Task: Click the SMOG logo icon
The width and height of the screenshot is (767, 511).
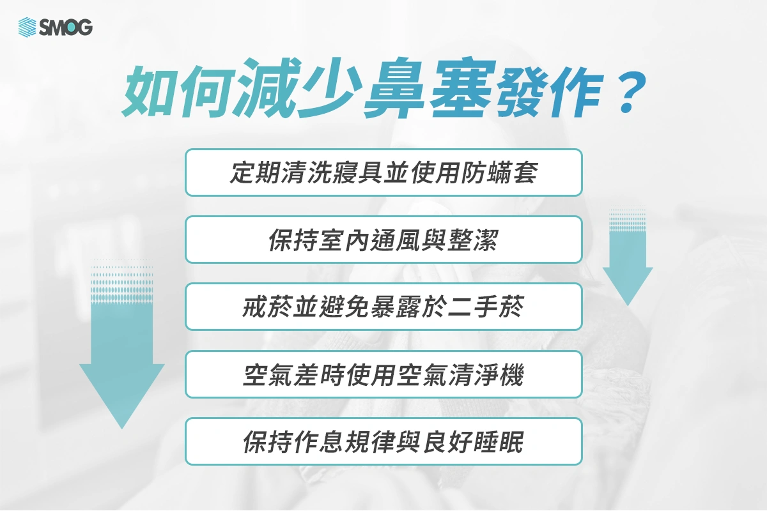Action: point(27,27)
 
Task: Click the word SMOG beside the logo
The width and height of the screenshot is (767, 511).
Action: point(65,27)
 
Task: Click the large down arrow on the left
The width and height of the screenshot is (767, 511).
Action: point(121,358)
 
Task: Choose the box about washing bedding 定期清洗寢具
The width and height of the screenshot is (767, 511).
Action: point(383,172)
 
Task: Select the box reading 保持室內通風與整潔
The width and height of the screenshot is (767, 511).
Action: point(383,240)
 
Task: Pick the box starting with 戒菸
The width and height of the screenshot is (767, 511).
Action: point(383,307)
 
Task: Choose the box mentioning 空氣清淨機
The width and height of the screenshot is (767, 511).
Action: point(383,374)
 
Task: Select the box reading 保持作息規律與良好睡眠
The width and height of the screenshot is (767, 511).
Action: point(383,441)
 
